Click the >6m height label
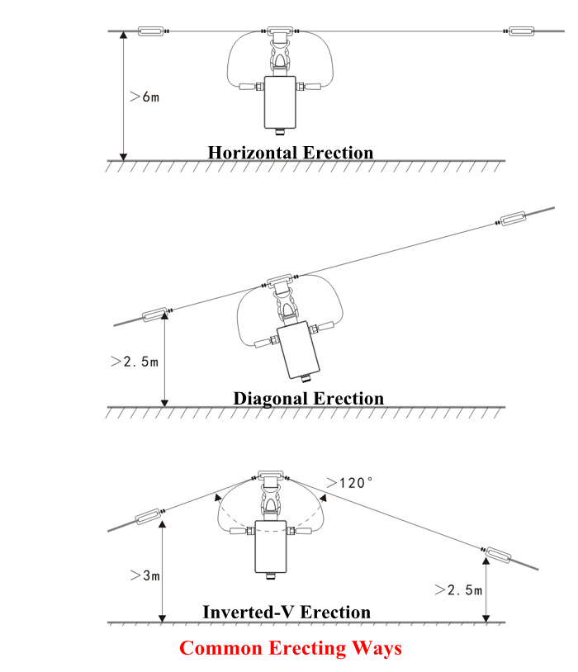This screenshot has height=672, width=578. (144, 97)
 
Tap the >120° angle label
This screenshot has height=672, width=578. (349, 483)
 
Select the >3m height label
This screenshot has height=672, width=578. (145, 575)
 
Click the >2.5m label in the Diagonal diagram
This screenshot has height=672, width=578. (135, 362)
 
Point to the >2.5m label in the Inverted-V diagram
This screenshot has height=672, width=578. (458, 589)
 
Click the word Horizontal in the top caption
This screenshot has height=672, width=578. (253, 153)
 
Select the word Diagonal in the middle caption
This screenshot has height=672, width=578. (270, 398)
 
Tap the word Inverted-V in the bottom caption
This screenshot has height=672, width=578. (249, 612)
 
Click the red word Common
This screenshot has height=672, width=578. (220, 647)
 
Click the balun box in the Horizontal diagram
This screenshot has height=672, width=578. (280, 102)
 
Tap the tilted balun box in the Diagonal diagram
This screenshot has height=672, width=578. (298, 350)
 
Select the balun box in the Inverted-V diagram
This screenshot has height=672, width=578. (271, 547)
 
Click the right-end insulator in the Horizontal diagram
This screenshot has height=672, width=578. (521, 31)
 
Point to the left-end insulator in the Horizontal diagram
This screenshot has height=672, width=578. (151, 31)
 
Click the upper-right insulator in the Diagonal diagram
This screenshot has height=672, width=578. (514, 218)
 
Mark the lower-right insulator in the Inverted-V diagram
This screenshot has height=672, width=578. (498, 555)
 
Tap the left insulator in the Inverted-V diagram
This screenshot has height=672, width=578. (149, 517)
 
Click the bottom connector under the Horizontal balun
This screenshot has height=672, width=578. (280, 131)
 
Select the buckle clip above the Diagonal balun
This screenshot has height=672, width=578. (285, 305)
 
